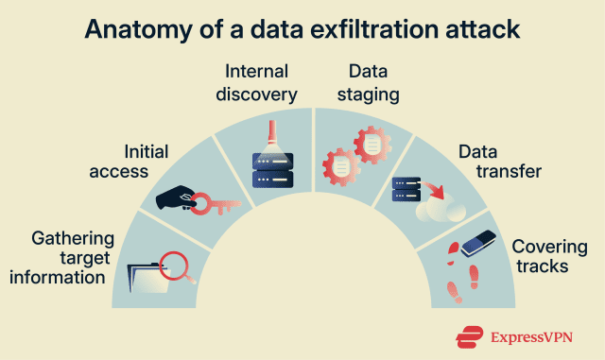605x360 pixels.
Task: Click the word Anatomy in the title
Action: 139,29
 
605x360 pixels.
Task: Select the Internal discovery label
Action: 256,83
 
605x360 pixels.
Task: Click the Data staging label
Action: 368,83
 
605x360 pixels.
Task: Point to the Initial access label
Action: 129,162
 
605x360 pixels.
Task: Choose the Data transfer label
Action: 500,162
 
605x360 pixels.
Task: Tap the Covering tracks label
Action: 549,257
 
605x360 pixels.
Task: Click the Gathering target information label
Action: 61,258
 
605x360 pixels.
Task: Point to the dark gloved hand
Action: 176,197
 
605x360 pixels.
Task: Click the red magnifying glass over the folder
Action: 176,266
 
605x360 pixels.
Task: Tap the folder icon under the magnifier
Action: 148,278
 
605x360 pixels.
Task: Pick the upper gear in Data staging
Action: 372,145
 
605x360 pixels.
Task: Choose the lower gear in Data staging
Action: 341,167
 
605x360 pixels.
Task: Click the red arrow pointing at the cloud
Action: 434,190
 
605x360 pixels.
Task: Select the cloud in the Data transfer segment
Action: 441,209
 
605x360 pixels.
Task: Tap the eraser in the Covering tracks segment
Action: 478,243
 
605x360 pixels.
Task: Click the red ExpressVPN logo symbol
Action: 469,337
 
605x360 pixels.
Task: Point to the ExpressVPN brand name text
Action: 531,337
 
